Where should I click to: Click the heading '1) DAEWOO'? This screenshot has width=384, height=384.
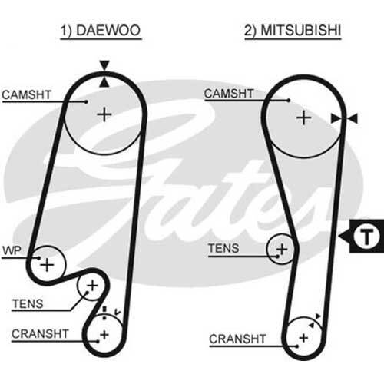click(x=101, y=30)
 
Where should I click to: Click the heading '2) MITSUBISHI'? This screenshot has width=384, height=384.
click(x=293, y=30)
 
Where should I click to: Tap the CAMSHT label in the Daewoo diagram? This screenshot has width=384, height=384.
click(x=27, y=94)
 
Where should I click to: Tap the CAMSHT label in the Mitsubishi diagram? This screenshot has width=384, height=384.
click(x=229, y=94)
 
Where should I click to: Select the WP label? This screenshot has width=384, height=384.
click(x=12, y=250)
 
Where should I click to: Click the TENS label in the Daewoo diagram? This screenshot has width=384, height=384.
click(x=28, y=304)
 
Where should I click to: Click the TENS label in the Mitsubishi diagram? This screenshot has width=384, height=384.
click(x=223, y=248)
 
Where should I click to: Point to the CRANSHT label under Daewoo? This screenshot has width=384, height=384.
click(x=40, y=334)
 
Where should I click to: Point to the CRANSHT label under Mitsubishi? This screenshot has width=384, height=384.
click(x=237, y=339)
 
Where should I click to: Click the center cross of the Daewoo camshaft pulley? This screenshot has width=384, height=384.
click(x=104, y=114)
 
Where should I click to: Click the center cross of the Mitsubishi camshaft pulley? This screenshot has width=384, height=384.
click(x=303, y=118)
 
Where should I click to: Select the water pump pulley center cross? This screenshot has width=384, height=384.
click(x=47, y=265)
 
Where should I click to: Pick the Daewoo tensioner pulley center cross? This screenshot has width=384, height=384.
click(x=92, y=286)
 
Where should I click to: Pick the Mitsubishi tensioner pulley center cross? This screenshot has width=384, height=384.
click(x=282, y=249)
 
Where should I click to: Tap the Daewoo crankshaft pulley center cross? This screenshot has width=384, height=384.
click(x=104, y=335)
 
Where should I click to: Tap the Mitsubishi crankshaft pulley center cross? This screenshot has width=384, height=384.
click(x=303, y=339)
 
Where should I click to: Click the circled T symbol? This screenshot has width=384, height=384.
click(x=366, y=236)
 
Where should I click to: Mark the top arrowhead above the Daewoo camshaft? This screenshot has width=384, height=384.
click(x=104, y=65)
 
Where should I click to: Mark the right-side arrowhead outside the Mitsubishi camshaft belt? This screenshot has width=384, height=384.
click(x=353, y=118)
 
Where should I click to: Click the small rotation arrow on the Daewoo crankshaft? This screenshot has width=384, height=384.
click(x=118, y=312)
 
